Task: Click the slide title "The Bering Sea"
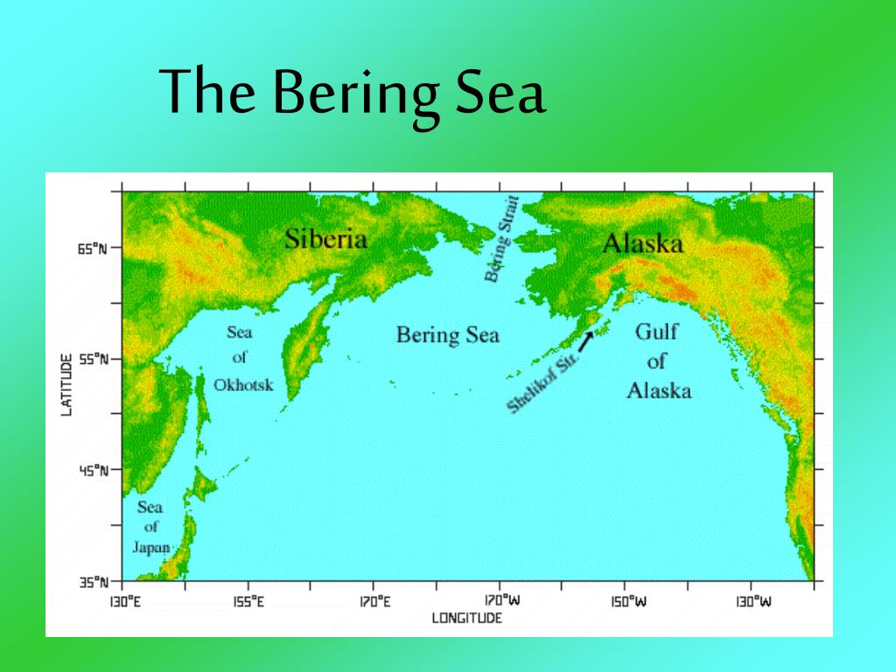(353, 94)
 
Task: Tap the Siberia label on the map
(325, 238)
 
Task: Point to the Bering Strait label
(502, 239)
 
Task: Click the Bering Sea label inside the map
(447, 334)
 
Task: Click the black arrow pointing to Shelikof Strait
(585, 341)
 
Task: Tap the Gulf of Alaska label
(658, 360)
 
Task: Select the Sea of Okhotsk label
(242, 358)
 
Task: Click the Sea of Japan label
(151, 527)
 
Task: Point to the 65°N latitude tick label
(91, 248)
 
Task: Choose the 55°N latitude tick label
(91, 360)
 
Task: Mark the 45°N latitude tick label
(91, 471)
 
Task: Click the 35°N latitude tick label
(91, 582)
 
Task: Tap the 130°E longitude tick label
(122, 601)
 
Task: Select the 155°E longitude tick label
(248, 601)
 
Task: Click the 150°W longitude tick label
(625, 601)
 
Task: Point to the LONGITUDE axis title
(467, 619)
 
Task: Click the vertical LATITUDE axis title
(66, 384)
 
